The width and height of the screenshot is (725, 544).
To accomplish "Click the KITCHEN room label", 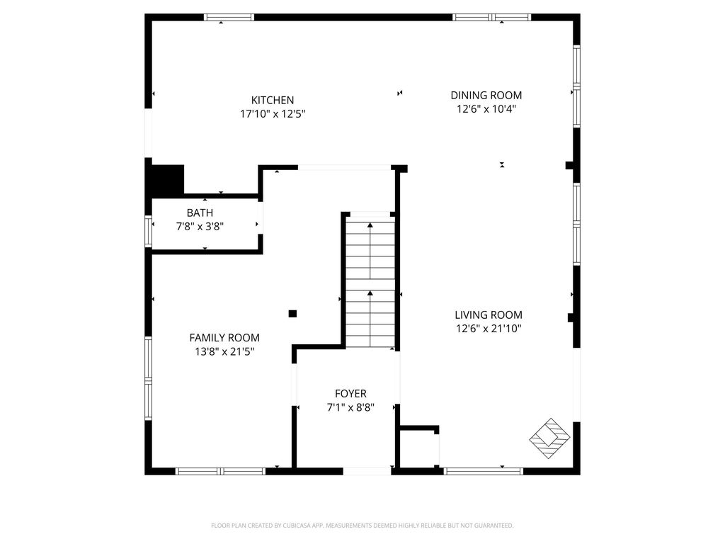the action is pos(273,100).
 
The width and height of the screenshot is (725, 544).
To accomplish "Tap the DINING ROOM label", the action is pos(486,96).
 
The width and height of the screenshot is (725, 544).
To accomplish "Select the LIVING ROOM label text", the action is pos(489,315).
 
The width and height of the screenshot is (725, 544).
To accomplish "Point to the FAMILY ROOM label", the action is pos(224,338).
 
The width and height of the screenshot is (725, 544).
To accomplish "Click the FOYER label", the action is pos(350,394).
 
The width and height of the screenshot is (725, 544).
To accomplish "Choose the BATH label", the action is pos(200,212).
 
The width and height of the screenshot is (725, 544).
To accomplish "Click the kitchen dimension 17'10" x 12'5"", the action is pos(273,114).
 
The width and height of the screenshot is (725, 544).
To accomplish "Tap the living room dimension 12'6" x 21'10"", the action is pos(489,329).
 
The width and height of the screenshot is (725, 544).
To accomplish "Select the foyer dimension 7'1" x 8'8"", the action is pos(350,407).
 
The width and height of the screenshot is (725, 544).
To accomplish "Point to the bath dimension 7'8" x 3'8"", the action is pos(200,227).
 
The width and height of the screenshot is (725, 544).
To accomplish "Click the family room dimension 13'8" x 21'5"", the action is pos(224,351).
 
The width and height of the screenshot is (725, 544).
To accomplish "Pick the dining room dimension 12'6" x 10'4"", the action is pos(486,109).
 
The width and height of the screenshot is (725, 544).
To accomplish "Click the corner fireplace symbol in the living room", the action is pos(549,438).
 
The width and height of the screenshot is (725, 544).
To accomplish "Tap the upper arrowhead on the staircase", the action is pos(370,225).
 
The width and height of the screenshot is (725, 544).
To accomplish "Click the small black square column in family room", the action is pos(292,314).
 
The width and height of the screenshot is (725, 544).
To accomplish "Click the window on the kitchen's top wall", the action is pos(229,18).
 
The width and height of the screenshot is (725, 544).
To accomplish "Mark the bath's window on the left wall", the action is pos(149,232).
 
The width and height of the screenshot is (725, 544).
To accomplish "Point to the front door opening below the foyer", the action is pos(367,471).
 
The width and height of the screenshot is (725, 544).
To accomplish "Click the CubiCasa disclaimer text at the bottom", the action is pos(362,526).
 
